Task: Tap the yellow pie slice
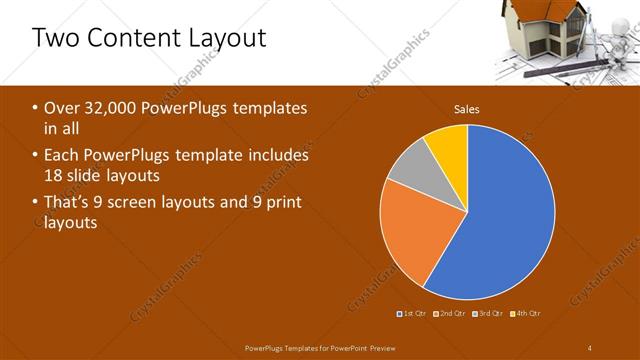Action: pyautogui.click(x=448, y=146)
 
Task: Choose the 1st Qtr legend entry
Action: pyautogui.click(x=414, y=313)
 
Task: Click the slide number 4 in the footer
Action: pyautogui.click(x=590, y=347)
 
